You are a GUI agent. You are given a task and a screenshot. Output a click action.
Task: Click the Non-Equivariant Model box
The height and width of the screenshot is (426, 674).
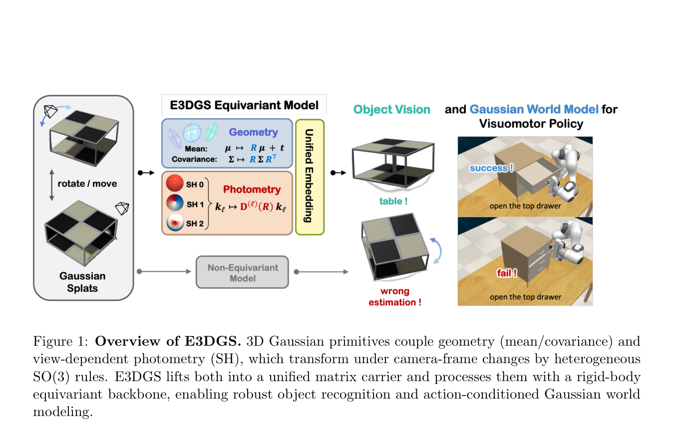[242, 272]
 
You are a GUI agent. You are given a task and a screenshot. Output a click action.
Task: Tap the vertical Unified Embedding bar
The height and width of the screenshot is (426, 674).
[310, 177]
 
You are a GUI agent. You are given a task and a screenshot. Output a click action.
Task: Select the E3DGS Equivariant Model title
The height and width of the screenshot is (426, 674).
[244, 105]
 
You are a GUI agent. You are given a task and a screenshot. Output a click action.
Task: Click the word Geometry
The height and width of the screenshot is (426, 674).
[253, 132]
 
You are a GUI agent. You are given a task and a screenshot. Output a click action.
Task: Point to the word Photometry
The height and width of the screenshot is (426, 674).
[252, 190]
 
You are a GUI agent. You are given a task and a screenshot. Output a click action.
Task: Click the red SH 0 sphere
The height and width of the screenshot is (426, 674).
[175, 183]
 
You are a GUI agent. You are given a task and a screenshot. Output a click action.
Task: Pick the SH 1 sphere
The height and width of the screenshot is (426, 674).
[175, 203]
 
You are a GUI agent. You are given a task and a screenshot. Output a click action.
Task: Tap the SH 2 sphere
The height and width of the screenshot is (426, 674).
[175, 222]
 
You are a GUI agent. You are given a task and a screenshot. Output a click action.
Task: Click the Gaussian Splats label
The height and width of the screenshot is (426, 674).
[82, 282]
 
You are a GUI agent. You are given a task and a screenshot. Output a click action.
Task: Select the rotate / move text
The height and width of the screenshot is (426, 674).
[87, 184]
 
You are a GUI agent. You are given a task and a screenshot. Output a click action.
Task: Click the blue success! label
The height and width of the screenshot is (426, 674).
[492, 168]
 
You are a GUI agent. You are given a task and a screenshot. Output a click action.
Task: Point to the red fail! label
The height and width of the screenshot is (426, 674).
[507, 273]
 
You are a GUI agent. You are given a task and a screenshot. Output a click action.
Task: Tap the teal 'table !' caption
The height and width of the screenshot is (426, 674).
[393, 201]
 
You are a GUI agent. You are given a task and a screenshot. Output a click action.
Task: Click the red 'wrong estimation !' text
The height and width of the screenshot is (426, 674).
[395, 297]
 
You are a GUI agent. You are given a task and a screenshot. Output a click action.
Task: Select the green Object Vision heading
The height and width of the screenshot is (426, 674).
[392, 109]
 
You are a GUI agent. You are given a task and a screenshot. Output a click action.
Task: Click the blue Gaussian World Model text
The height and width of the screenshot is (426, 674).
[534, 109]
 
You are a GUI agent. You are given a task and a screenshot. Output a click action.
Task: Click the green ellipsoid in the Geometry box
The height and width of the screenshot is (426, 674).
[211, 132]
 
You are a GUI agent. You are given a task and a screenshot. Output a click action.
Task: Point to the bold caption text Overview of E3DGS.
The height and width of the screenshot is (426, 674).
[168, 341]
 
